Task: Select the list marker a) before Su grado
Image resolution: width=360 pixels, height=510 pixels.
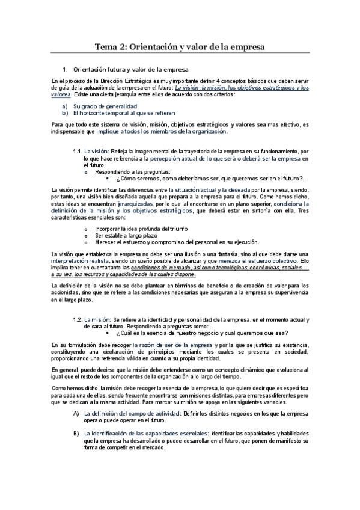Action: point(65,106)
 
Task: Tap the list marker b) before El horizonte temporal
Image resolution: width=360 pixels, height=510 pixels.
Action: point(65,112)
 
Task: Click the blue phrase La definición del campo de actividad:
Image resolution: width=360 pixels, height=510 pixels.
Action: point(132,414)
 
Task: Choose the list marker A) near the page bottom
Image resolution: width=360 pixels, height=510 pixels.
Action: point(76,414)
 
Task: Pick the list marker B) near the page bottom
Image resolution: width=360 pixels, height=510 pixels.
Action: point(76,433)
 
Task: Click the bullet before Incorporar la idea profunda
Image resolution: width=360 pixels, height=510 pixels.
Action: point(86,229)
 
